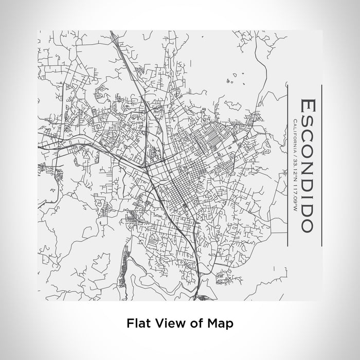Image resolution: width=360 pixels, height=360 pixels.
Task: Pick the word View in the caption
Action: [x=165, y=323]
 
